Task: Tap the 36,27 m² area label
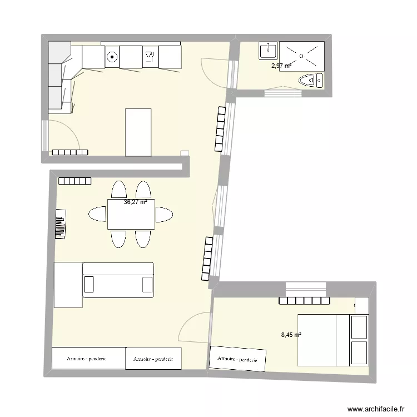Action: click(135, 202)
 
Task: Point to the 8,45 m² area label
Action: click(291, 335)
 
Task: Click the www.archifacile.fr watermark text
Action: click(376, 409)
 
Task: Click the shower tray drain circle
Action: click(301, 56)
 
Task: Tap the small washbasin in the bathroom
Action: click(268, 51)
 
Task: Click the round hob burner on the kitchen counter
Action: click(112, 56)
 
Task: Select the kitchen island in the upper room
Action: click(138, 132)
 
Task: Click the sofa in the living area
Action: click(118, 280)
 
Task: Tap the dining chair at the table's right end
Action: click(164, 214)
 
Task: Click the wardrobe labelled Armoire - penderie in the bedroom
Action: click(237, 359)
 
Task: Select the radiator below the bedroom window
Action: click(304, 301)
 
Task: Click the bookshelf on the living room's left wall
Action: click(60, 224)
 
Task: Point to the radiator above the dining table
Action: click(75, 181)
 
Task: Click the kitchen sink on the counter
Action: click(149, 56)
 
